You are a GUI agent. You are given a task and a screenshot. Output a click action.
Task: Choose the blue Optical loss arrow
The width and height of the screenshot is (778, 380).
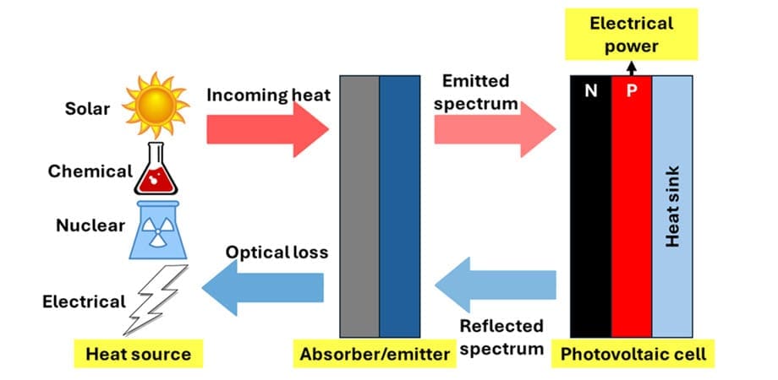click(x=263, y=290)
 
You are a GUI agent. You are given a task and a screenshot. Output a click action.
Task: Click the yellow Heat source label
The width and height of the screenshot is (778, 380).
click(x=138, y=354)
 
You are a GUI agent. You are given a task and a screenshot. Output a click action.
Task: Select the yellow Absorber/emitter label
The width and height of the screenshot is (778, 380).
click(x=375, y=354)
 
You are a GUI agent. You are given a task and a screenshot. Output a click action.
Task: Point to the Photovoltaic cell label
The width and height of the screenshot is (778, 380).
click(x=633, y=354)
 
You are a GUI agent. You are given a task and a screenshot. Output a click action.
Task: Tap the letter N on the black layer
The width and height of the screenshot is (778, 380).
click(x=590, y=92)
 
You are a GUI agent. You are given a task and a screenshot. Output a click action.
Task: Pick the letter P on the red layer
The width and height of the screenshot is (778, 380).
click(x=632, y=92)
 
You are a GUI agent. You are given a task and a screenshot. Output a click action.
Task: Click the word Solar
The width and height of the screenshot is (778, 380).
click(x=88, y=108)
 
